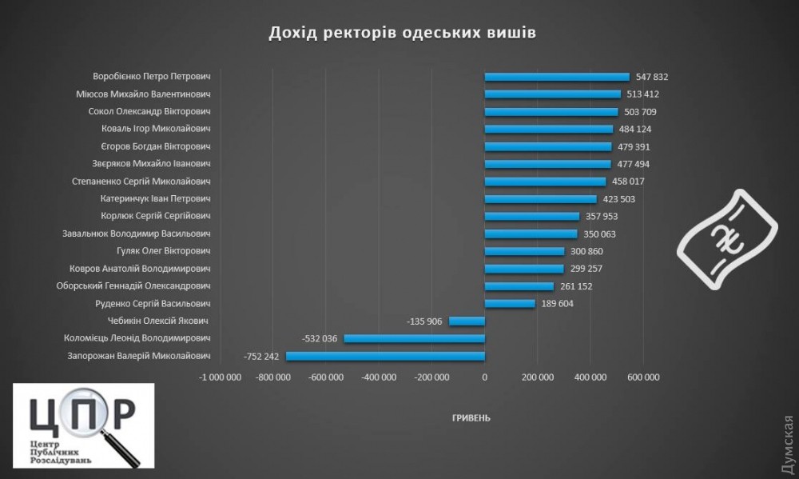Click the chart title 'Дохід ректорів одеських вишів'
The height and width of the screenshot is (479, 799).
click(x=402, y=33)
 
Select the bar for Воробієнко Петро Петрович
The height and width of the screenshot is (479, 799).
click(x=557, y=77)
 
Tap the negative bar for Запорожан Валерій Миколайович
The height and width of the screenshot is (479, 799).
click(x=385, y=356)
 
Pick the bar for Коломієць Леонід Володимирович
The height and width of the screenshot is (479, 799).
click(x=414, y=338)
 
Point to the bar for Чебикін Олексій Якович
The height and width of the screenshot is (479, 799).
click(x=467, y=321)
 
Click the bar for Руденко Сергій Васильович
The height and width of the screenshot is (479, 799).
click(x=510, y=303)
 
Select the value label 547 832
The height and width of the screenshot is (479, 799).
click(x=652, y=77)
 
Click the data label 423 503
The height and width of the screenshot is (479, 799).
click(x=619, y=199)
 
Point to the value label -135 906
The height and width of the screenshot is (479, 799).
click(x=426, y=321)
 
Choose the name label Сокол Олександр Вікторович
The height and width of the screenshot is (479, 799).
click(x=149, y=112)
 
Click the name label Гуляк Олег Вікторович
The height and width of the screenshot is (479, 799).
click(x=160, y=251)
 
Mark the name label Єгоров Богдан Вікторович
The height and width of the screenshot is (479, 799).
click(x=155, y=146)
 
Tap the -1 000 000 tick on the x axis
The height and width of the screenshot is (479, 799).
click(x=221, y=377)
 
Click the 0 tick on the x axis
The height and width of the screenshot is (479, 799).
click(x=484, y=377)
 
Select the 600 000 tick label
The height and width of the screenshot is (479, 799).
click(x=643, y=377)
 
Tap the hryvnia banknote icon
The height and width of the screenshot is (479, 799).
click(x=727, y=238)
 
